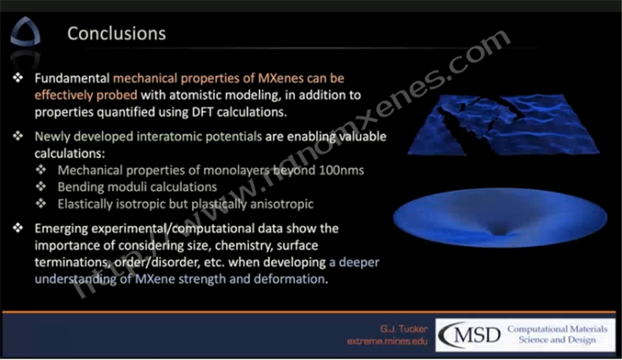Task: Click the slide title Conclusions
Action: [x=116, y=33]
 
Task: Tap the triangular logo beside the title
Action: [x=25, y=32]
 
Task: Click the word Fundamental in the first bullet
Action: [x=72, y=78]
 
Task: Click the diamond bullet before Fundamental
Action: [x=18, y=77]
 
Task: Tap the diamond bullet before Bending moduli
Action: [x=41, y=187]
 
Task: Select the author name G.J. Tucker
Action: [x=404, y=329]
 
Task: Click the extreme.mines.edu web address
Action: [x=387, y=341]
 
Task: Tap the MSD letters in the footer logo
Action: [x=477, y=335]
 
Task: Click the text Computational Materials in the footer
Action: [x=557, y=329]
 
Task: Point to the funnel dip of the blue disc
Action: [x=500, y=231]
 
